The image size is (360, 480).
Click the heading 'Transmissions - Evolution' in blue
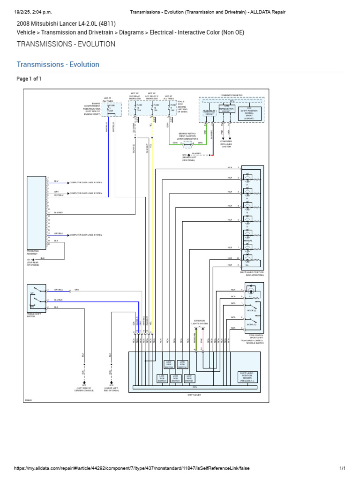click(58, 65)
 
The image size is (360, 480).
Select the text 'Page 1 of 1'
click(29, 79)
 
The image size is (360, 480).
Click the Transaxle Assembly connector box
click(37, 211)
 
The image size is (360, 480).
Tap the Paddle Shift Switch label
click(34, 315)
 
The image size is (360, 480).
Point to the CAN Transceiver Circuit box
click(226, 109)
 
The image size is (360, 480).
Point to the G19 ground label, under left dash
click(111, 388)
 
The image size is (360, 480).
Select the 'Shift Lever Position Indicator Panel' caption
click(252, 273)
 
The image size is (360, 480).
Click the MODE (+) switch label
click(252, 324)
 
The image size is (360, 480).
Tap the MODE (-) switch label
click(252, 310)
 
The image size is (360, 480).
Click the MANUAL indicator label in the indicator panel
click(248, 240)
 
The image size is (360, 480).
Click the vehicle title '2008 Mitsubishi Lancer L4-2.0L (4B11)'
click(66, 23)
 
